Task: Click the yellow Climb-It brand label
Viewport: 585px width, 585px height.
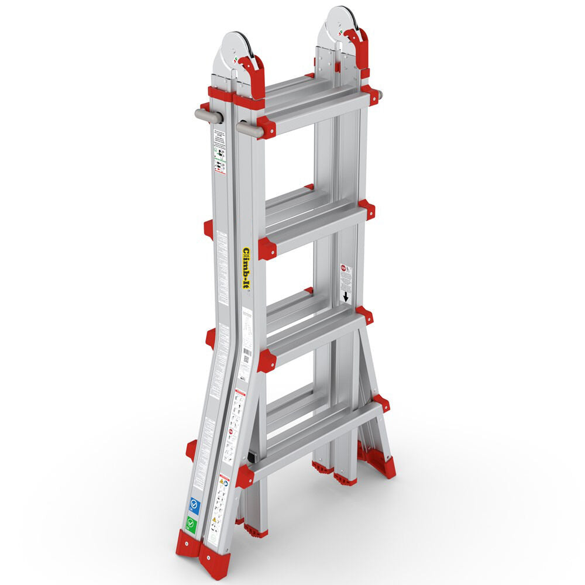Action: click(246, 268)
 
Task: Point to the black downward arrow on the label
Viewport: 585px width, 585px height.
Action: click(346, 297)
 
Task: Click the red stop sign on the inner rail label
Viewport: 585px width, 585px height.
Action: click(343, 269)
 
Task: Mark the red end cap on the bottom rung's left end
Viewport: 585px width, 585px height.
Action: click(245, 476)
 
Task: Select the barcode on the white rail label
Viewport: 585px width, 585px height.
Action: click(247, 355)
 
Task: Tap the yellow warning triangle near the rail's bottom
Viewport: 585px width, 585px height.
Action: click(223, 481)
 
